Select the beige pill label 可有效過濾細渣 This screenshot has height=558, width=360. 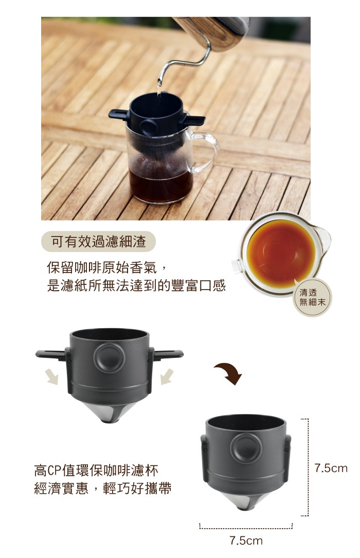click(99, 241)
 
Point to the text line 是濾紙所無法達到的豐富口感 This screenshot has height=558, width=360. click(136, 285)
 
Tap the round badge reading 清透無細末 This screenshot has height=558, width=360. click(312, 297)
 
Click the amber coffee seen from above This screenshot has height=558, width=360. click(281, 253)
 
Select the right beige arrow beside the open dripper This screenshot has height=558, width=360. click(167, 377)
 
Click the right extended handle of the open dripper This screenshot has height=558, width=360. click(167, 354)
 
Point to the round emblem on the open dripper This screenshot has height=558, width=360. click(109, 357)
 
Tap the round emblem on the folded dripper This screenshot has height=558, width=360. click(246, 447)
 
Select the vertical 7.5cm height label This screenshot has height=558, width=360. click(331, 468)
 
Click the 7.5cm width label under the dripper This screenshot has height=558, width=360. click(246, 541)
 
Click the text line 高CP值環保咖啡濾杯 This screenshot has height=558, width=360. click(96, 470)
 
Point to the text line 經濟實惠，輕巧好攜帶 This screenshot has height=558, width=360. click(103, 488)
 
